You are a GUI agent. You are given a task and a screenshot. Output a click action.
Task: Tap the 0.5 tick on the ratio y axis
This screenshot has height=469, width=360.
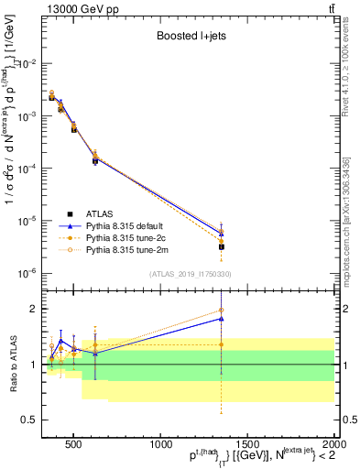27,420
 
